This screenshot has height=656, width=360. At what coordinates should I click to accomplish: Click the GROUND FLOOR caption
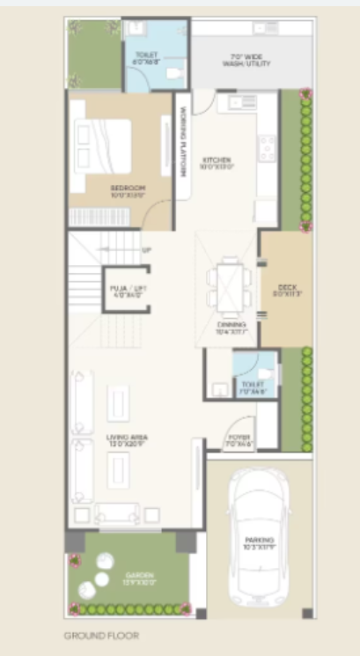click(x=101, y=634)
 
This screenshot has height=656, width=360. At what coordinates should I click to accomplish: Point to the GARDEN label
click(x=128, y=579)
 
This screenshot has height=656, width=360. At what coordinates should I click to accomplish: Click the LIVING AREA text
click(x=127, y=440)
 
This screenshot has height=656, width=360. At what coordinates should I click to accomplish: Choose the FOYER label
click(x=239, y=439)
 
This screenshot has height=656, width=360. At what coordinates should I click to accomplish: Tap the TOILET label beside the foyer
click(x=253, y=387)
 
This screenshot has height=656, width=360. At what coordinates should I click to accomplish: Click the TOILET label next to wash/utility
click(x=146, y=58)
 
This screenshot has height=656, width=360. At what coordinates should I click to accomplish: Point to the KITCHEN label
click(x=216, y=162)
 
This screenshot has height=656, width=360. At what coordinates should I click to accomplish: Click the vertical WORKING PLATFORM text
click(x=183, y=141)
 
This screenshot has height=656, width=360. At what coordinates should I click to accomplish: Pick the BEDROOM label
click(x=128, y=191)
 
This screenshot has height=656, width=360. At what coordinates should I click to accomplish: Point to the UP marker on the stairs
click(x=146, y=249)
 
